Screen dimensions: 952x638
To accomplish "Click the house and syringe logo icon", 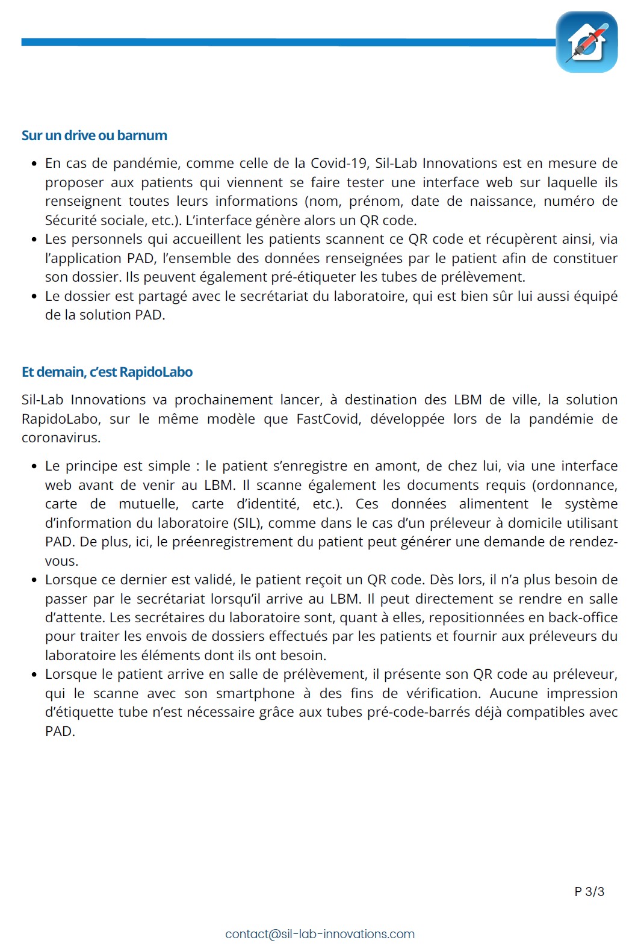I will tap(586, 42).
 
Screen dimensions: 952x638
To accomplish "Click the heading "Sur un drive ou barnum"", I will tap(94, 135).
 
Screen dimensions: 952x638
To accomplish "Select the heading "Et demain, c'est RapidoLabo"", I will tap(107, 372).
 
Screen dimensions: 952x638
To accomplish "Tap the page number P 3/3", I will tap(589, 891).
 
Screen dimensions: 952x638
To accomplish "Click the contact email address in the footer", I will tap(320, 934).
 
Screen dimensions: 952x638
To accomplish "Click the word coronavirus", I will tap(60, 437).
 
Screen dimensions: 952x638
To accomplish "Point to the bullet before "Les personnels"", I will tap(34, 240).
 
